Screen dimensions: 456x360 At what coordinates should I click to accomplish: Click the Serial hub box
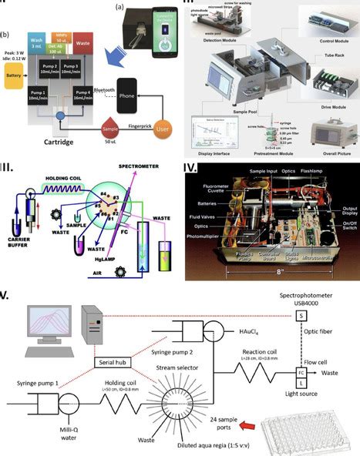(x=113, y=341)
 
